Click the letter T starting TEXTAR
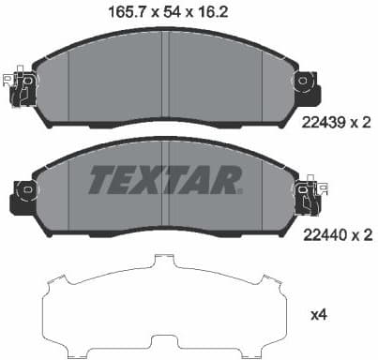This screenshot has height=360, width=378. [100, 178]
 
